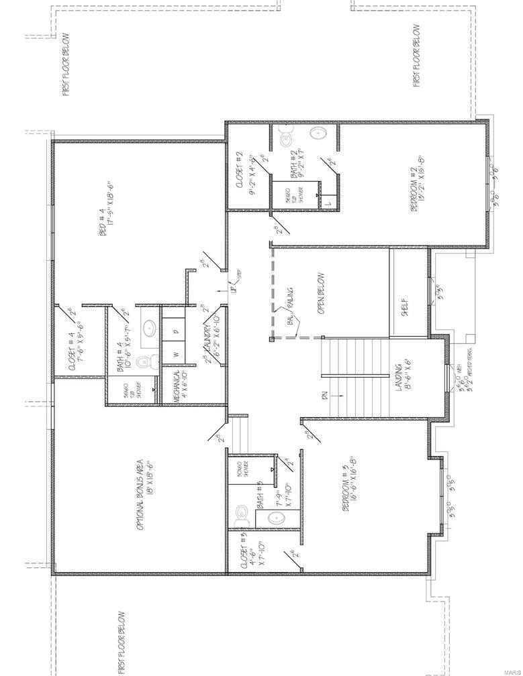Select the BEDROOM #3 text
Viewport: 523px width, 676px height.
pyautogui.click(x=348, y=495)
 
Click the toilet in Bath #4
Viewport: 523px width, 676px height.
pyautogui.click(x=142, y=363)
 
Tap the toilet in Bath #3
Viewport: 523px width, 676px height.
pyautogui.click(x=242, y=516)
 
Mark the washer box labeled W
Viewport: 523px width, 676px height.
pyautogui.click(x=176, y=353)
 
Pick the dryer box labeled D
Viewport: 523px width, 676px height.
pyautogui.click(x=176, y=331)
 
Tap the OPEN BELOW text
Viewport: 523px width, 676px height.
pyautogui.click(x=321, y=293)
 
